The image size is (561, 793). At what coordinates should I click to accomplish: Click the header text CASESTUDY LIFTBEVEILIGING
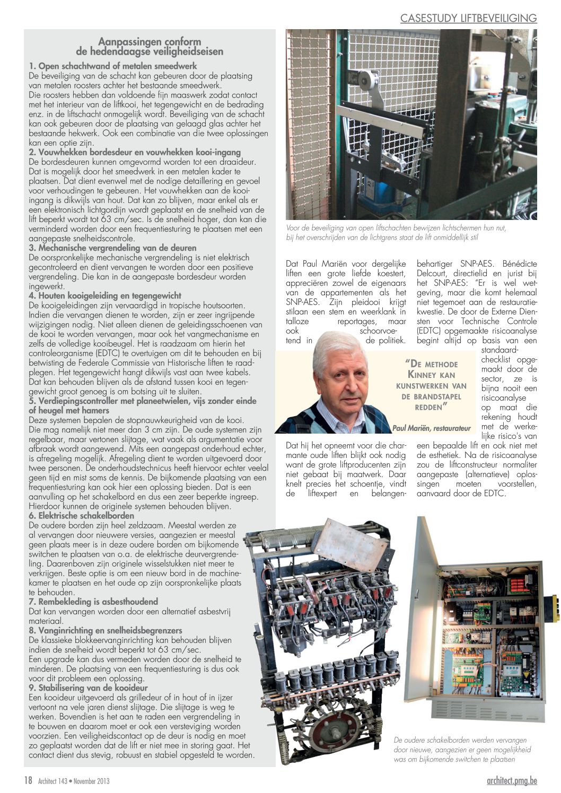pyautogui.click(x=468, y=18)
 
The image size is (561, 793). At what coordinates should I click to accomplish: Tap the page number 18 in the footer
pyautogui.click(x=28, y=780)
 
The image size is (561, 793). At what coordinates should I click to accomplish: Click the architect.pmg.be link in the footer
pyautogui.click(x=512, y=780)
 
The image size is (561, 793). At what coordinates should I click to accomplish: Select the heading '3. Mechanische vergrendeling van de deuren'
pyautogui.click(x=112, y=248)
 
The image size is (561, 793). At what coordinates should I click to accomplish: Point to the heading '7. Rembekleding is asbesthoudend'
pyautogui.click(x=93, y=602)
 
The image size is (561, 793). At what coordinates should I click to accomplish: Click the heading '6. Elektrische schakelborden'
pyautogui.click(x=81, y=516)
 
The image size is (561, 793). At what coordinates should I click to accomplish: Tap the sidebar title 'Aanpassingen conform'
pyautogui.click(x=150, y=42)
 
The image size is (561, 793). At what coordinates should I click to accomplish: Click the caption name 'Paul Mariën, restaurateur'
pyautogui.click(x=431, y=427)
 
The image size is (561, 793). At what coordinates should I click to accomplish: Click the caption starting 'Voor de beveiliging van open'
pyautogui.click(x=396, y=233)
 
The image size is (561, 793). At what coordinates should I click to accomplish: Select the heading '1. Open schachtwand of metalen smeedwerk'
pyautogui.click(x=113, y=66)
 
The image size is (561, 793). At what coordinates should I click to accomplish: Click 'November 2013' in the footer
pyautogui.click(x=91, y=781)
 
